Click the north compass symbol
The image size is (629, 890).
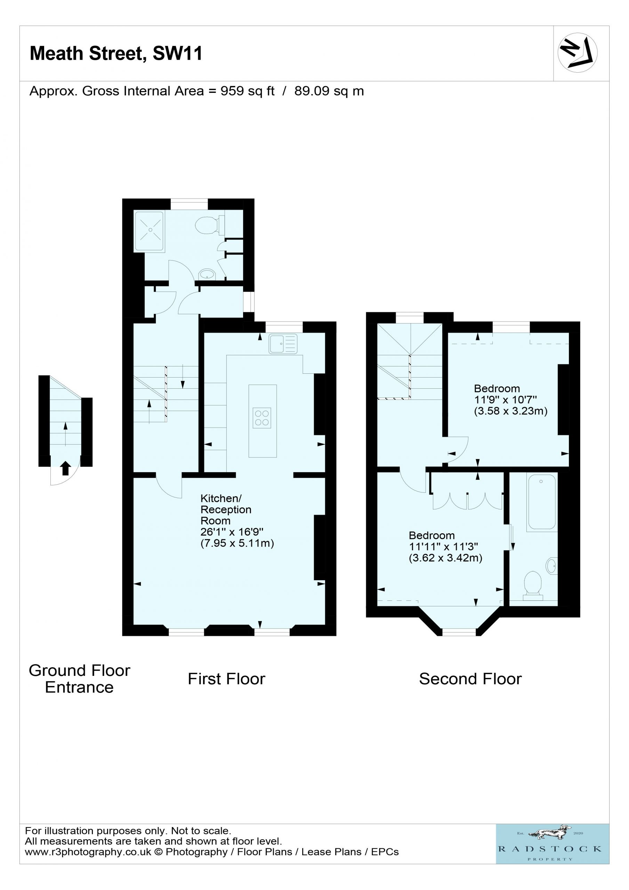click(578, 53)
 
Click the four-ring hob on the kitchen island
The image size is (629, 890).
click(262, 418)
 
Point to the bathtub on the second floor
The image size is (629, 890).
click(542, 502)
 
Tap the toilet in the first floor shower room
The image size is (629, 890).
click(210, 225)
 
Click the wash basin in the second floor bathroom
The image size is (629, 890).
click(552, 566)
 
